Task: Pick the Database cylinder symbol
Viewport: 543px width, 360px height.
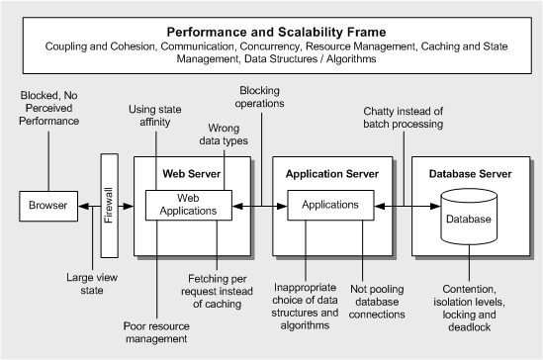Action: click(467, 219)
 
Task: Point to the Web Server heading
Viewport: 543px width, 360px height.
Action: click(191, 175)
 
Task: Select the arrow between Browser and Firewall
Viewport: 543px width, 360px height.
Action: click(89, 207)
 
